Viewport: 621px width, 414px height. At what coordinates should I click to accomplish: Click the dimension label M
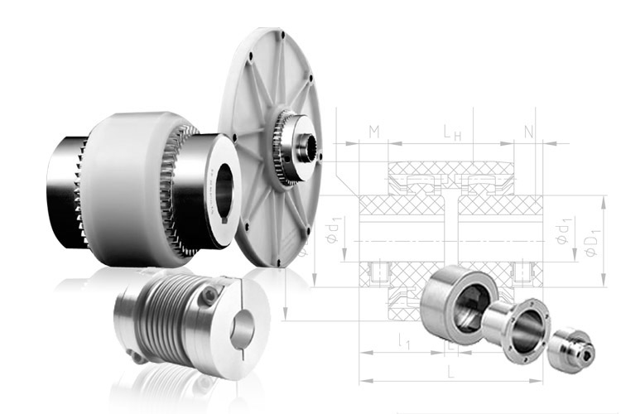pos(374,132)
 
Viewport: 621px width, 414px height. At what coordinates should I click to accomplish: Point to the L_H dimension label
pos(452,132)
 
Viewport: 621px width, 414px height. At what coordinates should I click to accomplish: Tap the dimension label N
pos(529,132)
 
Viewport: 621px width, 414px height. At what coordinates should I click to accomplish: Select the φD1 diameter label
pos(593,243)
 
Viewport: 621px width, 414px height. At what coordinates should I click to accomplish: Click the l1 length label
pos(403,341)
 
